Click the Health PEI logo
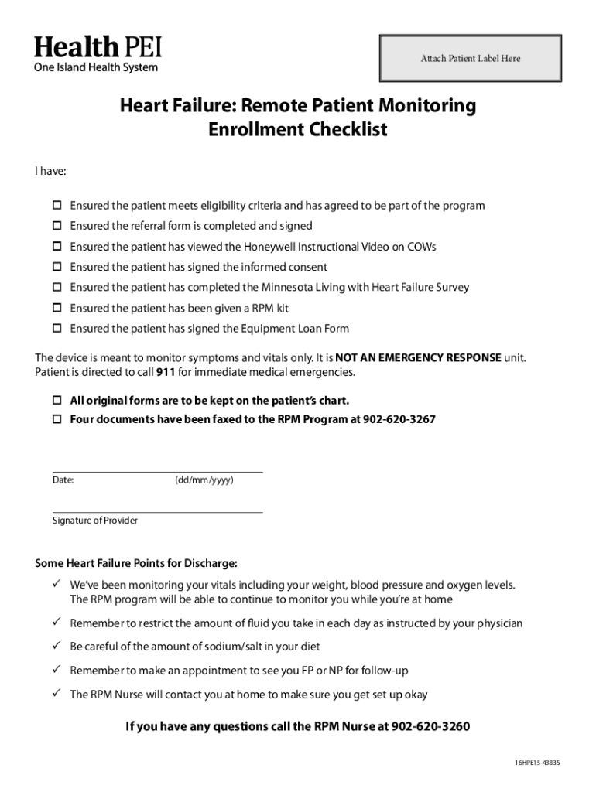[x=98, y=54]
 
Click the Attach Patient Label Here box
[x=470, y=58]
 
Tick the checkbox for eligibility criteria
[x=57, y=206]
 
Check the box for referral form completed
[x=57, y=226]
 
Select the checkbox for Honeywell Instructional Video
[x=57, y=247]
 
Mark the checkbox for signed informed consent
[x=57, y=267]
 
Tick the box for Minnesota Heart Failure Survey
[x=57, y=287]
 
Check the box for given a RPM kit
[x=57, y=308]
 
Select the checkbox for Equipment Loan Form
[x=57, y=328]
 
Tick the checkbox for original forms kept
[x=57, y=401]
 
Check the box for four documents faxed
[x=57, y=419]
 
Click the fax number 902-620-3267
[x=399, y=419]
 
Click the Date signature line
[x=157, y=470]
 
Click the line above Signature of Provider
[x=157, y=511]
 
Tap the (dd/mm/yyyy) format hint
[x=204, y=480]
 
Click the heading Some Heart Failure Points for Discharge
[x=136, y=562]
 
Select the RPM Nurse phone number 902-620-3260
[x=430, y=726]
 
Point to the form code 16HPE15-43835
[x=537, y=763]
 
